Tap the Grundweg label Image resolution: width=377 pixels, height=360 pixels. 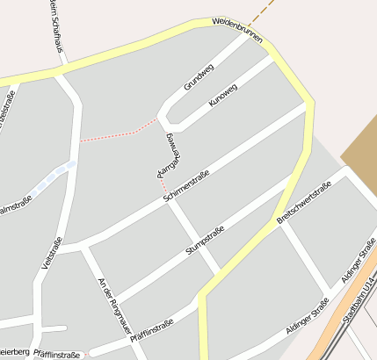pyautogui.click(x=199, y=76)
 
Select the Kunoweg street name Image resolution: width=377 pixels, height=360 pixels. pyautogui.click(x=223, y=96)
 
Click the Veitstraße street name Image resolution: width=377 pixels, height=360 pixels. pyautogui.click(x=51, y=253)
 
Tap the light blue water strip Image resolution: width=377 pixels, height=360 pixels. pyautogui.click(x=51, y=178)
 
